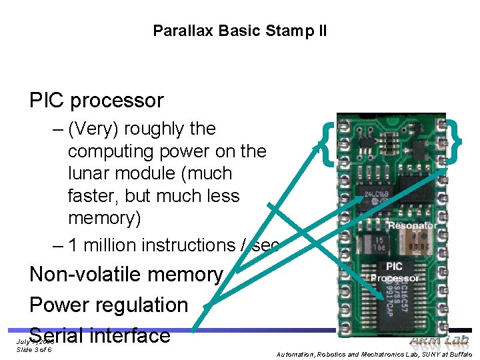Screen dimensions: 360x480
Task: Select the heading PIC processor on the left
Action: (x=96, y=101)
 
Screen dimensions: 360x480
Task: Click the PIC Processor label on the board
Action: (x=395, y=272)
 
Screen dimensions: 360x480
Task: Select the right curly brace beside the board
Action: (x=455, y=140)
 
